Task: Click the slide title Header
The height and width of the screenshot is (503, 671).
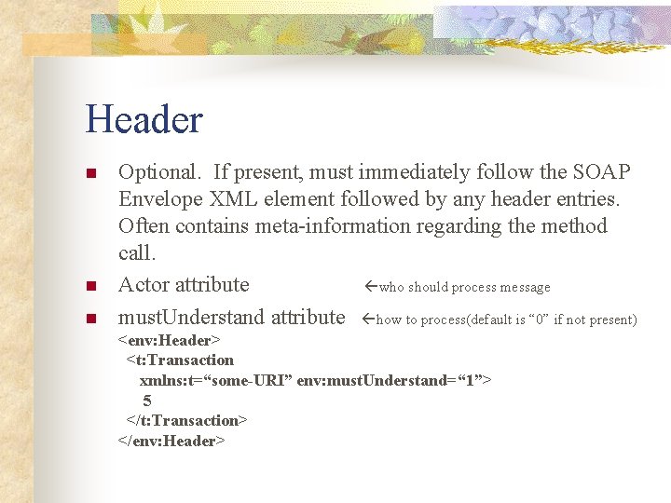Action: [x=144, y=120]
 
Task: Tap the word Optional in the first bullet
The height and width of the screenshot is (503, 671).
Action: [x=157, y=172]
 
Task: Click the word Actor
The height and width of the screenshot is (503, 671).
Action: [x=144, y=285]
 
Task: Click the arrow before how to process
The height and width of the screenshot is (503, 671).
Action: [x=368, y=319]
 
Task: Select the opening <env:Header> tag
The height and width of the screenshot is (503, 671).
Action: [x=169, y=340]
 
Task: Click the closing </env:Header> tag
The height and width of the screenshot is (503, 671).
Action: [x=171, y=441]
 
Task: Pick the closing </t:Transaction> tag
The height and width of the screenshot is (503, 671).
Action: [x=186, y=420]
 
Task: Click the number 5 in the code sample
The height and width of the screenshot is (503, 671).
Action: [x=147, y=401]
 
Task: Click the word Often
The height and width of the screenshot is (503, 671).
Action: [x=144, y=226]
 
